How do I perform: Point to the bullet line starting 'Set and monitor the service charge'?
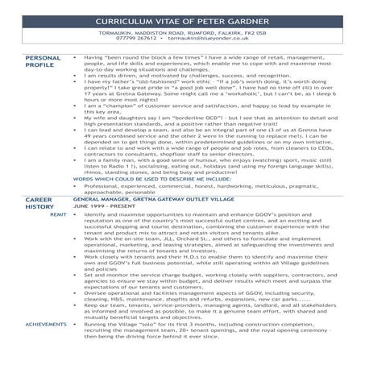[201, 298]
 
